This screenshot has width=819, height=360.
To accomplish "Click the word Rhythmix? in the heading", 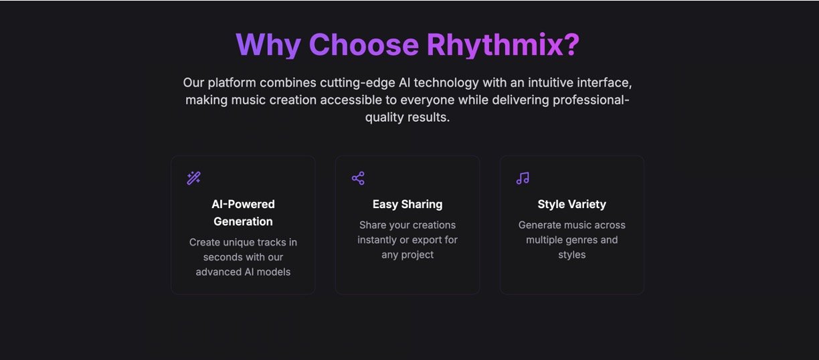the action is [x=503, y=45].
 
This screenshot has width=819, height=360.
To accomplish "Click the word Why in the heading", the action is [x=268, y=45].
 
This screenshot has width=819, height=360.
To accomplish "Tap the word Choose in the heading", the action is [x=364, y=44].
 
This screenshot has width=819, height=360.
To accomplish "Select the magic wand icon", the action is [x=194, y=179].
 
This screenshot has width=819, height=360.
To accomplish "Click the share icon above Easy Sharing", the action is [x=359, y=179].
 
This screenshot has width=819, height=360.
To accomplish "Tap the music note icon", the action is [x=523, y=179].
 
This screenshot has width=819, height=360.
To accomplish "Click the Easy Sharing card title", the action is [x=407, y=204].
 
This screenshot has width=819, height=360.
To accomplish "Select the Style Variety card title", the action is [x=572, y=204].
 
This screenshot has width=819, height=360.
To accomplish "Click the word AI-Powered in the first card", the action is [x=243, y=204].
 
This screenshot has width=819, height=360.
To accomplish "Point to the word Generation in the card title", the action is [x=243, y=221].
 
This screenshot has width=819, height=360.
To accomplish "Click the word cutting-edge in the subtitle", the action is [x=357, y=83].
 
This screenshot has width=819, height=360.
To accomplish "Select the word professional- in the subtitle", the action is [x=591, y=100].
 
